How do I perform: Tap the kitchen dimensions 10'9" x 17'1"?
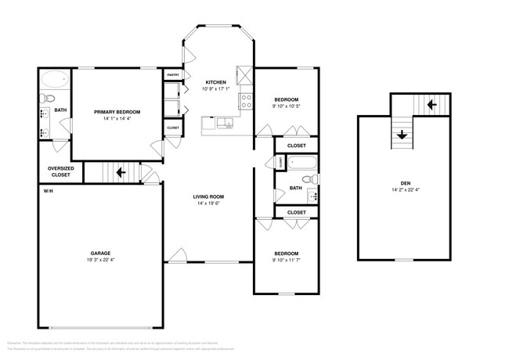(x=215, y=88)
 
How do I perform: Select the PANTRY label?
(x=173, y=75)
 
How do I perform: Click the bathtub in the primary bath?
(x=54, y=79)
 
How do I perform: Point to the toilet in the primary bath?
(x=47, y=99)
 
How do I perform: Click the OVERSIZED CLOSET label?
(x=60, y=171)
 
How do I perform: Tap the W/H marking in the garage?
(x=48, y=191)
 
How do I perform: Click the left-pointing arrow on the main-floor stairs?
(x=121, y=172)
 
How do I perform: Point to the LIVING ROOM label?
(x=209, y=196)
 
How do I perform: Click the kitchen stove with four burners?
(x=245, y=99)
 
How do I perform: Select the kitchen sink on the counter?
(x=224, y=121)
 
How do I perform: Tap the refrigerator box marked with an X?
(x=245, y=75)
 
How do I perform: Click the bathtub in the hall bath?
(x=302, y=164)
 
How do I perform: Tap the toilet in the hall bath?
(x=306, y=180)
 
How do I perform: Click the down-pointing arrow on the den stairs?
(x=402, y=135)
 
